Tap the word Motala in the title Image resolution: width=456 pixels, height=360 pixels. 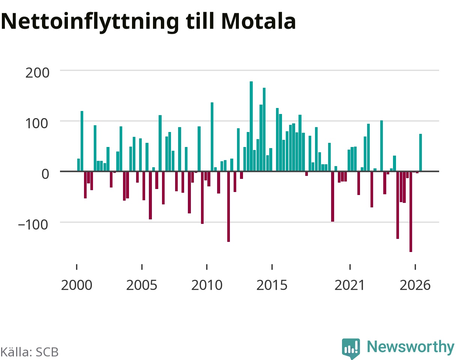(258, 21)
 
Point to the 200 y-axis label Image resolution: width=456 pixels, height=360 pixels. (37, 73)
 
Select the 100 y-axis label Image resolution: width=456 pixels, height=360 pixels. (37, 123)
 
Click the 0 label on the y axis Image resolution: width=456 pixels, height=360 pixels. (45, 174)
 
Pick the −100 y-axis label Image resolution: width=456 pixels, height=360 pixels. (33, 225)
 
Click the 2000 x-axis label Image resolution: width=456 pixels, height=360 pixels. (76, 285)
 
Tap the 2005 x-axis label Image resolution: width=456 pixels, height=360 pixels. (142, 285)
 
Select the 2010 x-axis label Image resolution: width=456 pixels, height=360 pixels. (207, 285)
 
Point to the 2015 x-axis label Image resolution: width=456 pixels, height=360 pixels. (272, 285)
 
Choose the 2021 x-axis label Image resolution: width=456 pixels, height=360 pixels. (349, 285)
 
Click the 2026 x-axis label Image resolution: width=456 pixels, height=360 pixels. (415, 285)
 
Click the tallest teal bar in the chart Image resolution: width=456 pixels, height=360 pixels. (251, 126)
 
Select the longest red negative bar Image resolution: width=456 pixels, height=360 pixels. (411, 211)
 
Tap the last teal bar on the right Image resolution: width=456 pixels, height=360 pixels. (420, 152)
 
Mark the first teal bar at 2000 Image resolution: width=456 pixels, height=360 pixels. (79, 165)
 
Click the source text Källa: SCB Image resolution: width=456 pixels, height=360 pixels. (29, 352)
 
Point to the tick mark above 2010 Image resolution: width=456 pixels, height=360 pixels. (207, 267)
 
